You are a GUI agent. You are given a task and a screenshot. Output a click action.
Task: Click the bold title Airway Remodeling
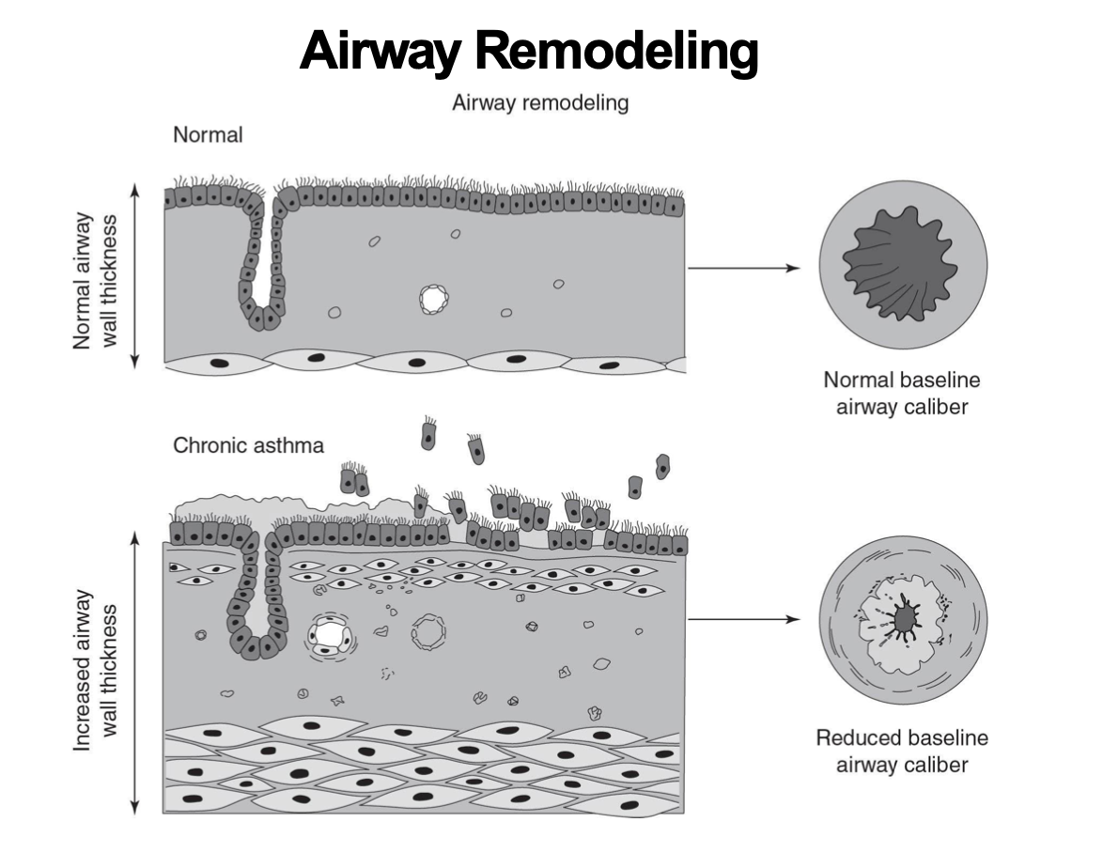click(x=529, y=52)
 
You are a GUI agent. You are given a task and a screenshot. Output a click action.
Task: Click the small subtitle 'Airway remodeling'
click(x=540, y=102)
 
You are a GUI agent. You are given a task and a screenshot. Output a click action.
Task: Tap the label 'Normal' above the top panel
click(x=208, y=134)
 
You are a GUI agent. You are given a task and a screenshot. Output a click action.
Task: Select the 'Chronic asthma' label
click(x=248, y=444)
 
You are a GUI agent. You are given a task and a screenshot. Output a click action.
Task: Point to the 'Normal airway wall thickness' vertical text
click(x=97, y=280)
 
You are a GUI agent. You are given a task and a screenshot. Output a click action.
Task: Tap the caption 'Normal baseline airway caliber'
click(x=901, y=394)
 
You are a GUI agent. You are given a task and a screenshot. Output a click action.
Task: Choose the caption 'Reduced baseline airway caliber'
click(x=901, y=751)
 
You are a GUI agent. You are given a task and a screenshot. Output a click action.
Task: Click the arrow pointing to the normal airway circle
click(x=742, y=268)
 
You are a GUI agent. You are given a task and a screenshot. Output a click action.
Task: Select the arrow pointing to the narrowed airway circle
click(x=742, y=620)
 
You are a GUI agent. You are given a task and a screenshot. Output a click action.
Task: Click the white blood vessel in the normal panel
click(x=434, y=300)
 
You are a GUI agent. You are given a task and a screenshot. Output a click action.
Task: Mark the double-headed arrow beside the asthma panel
click(x=135, y=673)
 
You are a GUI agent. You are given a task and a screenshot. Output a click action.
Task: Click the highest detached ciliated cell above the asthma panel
click(x=429, y=434)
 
